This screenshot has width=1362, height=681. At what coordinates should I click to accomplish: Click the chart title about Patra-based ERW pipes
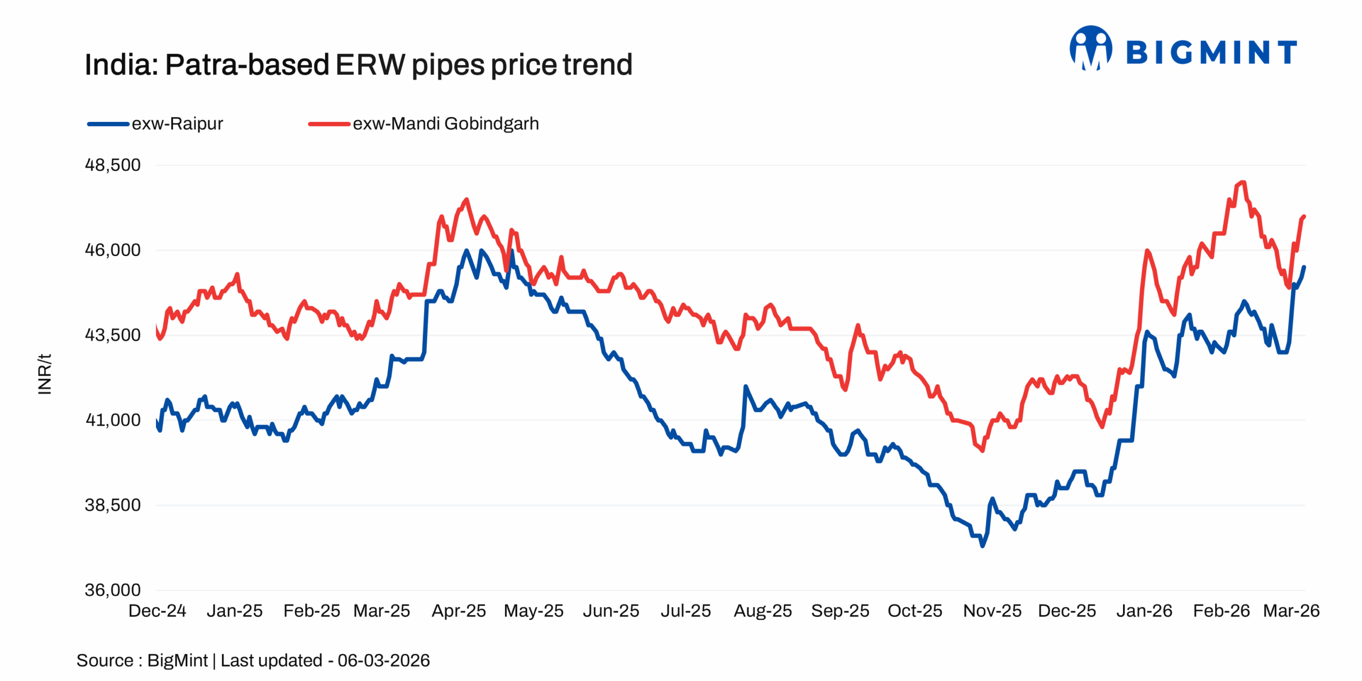pyautogui.click(x=358, y=65)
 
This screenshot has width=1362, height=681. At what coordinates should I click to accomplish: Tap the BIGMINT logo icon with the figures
pyautogui.click(x=1091, y=48)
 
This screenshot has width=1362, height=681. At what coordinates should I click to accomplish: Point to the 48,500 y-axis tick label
pyautogui.click(x=113, y=165)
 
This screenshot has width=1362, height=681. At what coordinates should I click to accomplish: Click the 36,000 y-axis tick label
pyautogui.click(x=113, y=589)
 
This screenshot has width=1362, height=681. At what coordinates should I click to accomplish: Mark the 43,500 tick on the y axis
pyautogui.click(x=113, y=335)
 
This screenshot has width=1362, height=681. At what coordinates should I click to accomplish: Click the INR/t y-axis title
pyautogui.click(x=45, y=374)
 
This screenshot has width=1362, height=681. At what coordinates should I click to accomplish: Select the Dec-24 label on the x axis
pyautogui.click(x=157, y=610)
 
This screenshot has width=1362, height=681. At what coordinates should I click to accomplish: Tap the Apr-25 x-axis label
pyautogui.click(x=459, y=610)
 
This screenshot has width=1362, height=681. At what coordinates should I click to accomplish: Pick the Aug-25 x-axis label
pyautogui.click(x=762, y=610)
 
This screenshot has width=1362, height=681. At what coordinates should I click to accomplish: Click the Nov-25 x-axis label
pyautogui.click(x=992, y=610)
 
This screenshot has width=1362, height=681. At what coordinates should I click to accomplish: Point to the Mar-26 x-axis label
pyautogui.click(x=1291, y=610)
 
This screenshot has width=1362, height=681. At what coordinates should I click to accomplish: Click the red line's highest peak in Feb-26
pyautogui.click(x=1243, y=182)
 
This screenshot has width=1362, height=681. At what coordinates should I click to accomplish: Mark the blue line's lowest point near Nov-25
pyautogui.click(x=982, y=545)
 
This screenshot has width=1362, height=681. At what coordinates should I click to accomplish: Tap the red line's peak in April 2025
pyautogui.click(x=467, y=200)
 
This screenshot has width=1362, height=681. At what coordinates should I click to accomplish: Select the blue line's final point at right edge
pyautogui.click(x=1304, y=267)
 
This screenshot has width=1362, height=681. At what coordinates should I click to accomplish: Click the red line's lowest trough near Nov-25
pyautogui.click(x=982, y=451)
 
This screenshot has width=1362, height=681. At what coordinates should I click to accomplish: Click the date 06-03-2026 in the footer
pyautogui.click(x=384, y=660)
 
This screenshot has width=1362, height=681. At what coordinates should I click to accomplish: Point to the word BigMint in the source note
pyautogui.click(x=177, y=660)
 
